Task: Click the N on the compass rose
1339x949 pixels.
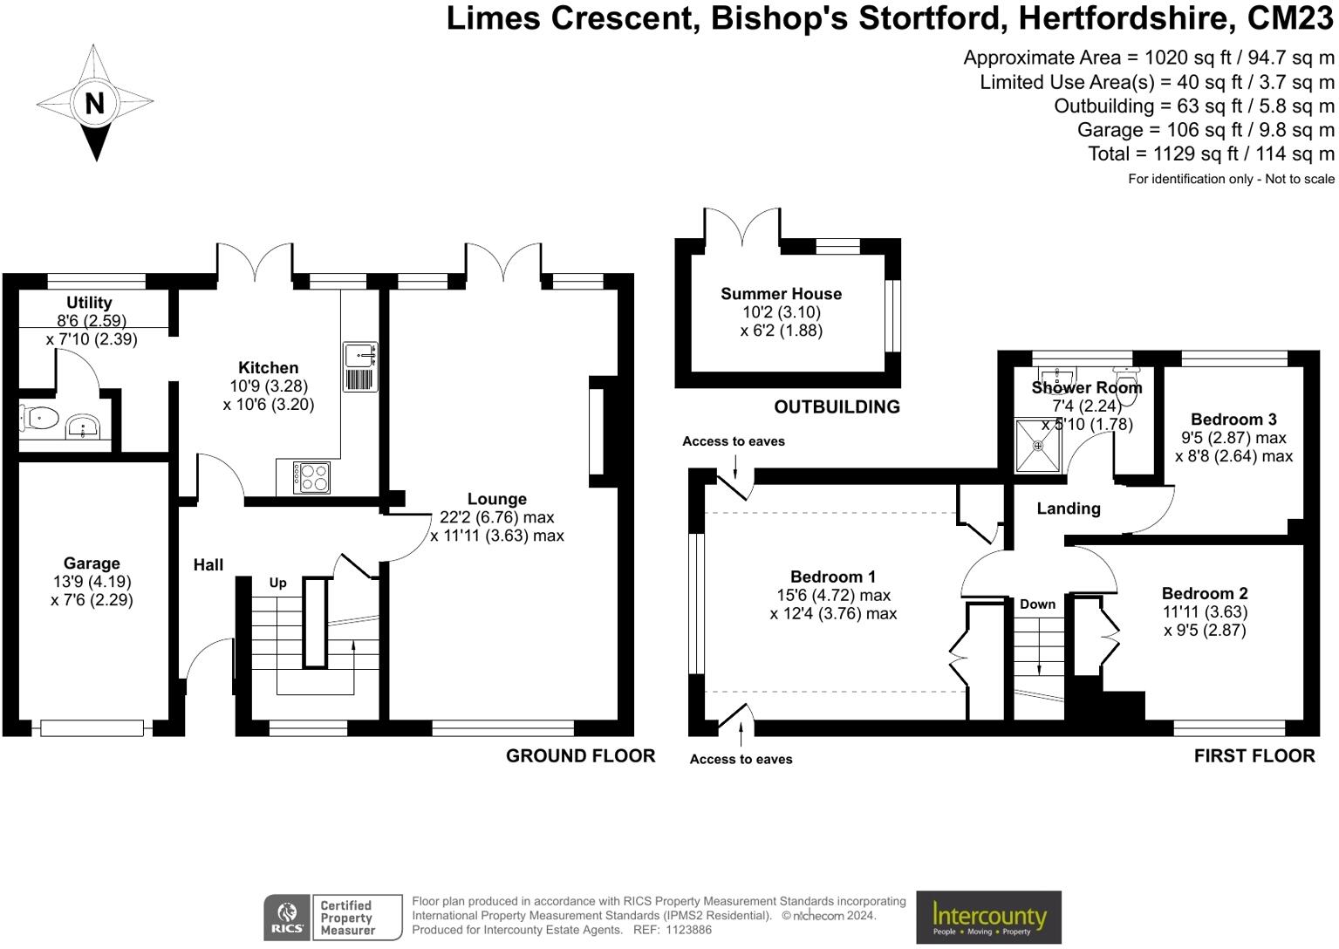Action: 94,103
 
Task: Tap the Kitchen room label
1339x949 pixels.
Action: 268,368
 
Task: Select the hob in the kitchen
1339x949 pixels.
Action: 311,477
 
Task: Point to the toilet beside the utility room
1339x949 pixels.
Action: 38,419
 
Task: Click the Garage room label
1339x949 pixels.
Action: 92,563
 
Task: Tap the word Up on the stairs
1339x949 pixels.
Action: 277,583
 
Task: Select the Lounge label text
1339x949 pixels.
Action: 496,499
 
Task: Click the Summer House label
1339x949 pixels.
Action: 781,294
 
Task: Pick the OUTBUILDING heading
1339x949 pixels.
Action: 837,406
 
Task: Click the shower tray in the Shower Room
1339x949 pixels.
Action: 1038,446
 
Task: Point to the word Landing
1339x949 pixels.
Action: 1068,509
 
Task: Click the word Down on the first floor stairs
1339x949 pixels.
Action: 1037,604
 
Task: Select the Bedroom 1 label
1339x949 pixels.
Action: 832,577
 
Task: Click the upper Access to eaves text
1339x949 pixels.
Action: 733,441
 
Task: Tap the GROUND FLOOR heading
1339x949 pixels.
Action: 580,756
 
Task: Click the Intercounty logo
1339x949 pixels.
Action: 988,917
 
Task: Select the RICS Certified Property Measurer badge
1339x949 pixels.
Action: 332,918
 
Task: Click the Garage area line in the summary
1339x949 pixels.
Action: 1205,130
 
